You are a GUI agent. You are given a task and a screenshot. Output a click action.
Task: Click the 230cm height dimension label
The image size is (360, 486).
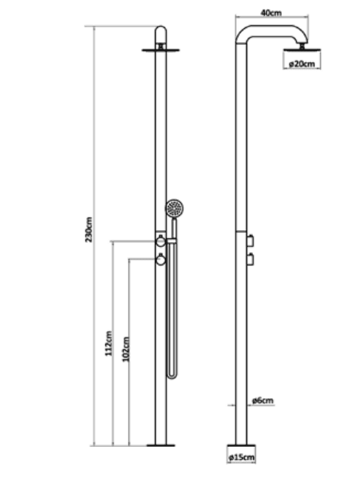(89, 229)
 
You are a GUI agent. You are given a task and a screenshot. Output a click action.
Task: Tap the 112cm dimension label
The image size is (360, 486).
(108, 344)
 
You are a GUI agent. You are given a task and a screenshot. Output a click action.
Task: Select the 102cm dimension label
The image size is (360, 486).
(125, 349)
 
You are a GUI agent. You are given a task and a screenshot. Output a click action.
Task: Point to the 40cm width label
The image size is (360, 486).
(271, 13)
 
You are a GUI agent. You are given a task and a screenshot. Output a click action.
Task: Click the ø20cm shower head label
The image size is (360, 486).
(302, 64)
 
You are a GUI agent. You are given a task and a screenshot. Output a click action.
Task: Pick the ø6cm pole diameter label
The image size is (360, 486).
(263, 400)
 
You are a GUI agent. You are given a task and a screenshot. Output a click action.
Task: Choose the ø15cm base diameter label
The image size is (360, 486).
(241, 457)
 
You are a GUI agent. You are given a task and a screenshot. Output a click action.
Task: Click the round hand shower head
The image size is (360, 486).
(174, 208)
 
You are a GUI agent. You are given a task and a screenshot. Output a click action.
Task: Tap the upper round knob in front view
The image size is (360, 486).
(161, 241)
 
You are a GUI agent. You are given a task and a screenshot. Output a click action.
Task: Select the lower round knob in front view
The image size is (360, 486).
(161, 260)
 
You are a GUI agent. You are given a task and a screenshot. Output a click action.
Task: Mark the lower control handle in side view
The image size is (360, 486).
(251, 260)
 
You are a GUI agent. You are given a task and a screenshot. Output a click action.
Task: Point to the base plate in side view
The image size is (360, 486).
(241, 446)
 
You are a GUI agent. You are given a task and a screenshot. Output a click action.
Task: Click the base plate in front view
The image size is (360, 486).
(161, 445)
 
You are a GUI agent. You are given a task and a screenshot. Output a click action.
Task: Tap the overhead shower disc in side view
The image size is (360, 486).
(302, 49)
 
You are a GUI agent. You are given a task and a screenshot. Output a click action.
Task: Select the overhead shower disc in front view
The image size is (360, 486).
(161, 50)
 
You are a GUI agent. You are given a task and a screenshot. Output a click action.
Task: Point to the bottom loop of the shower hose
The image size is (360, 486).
(172, 375)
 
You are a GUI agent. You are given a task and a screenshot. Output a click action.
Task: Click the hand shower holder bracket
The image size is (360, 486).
(172, 241)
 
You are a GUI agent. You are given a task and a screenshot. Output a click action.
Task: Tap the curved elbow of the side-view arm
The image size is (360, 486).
(243, 34)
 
